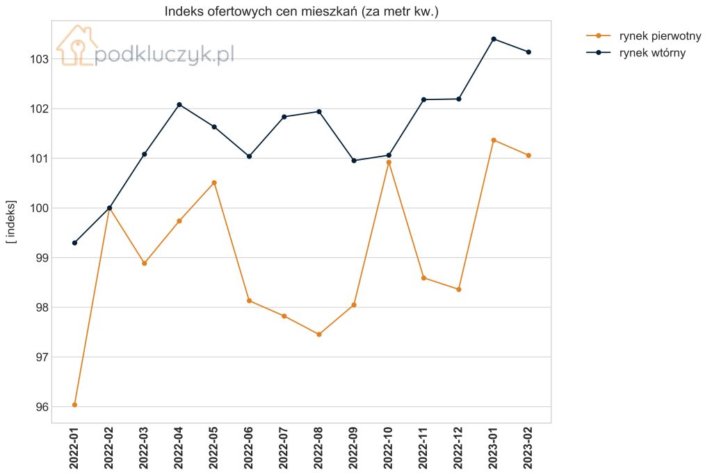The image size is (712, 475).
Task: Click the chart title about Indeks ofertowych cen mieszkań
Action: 302,11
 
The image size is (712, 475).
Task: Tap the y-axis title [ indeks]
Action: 11,222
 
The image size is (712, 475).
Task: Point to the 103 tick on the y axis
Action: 39,59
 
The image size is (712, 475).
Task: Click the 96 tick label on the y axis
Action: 42,407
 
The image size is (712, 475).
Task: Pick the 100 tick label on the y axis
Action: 39,209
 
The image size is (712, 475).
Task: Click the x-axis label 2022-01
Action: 74,448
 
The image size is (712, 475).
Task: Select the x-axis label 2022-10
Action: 388,448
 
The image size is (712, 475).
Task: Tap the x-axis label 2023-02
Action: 528,448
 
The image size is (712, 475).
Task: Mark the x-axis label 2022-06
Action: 249,448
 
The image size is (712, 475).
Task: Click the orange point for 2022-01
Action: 74,405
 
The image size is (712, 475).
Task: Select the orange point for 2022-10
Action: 389,162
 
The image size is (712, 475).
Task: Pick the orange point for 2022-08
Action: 319,335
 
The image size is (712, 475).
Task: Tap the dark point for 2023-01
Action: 494,39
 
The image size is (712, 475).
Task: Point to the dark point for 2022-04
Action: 179,104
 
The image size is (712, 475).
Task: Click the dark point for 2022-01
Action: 74,243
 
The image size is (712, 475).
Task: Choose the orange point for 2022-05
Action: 214,182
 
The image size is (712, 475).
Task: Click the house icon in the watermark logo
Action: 76,45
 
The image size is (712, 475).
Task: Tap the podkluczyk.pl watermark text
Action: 164,54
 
